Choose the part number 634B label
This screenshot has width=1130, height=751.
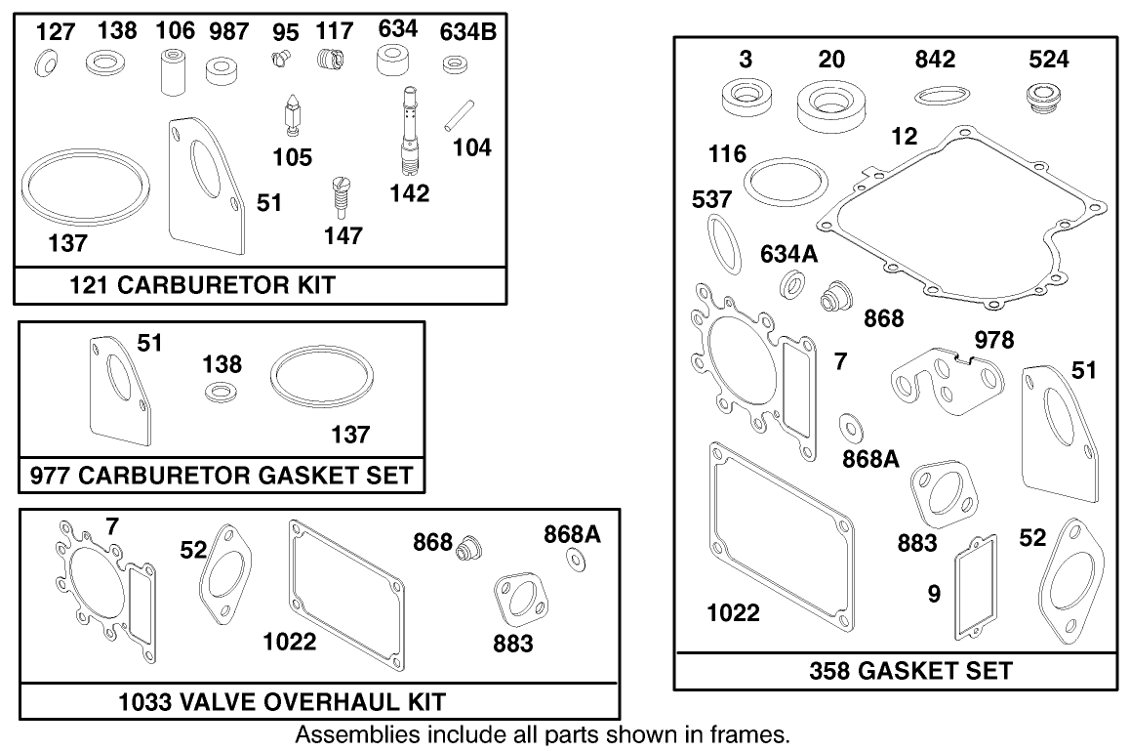467,32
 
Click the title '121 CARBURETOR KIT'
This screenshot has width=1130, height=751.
202,285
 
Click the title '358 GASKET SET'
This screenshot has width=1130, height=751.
910,671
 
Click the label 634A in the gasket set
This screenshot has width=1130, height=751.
789,254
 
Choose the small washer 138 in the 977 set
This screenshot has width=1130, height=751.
222,394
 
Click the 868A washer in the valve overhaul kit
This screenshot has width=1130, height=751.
577,559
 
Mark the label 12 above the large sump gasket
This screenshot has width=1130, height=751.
905,137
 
